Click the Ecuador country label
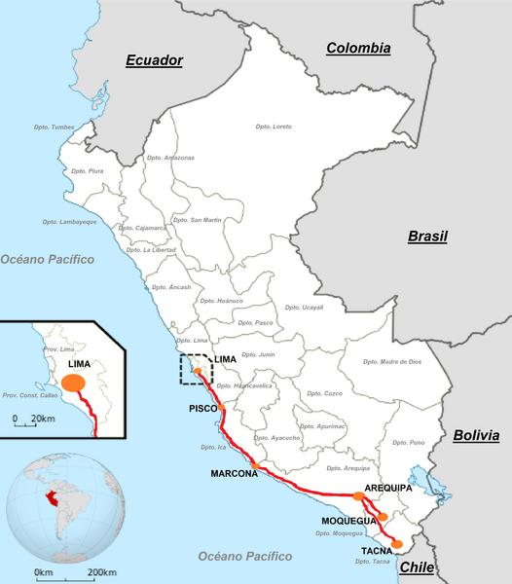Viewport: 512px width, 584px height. (154, 60)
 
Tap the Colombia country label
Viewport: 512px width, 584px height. (358, 48)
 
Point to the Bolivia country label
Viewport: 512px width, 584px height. (482, 435)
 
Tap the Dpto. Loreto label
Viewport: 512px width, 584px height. (274, 128)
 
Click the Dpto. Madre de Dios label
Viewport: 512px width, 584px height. (392, 361)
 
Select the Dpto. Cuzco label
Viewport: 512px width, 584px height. (324, 393)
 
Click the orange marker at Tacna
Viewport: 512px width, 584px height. (396, 544)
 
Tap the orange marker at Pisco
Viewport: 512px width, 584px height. (221, 408)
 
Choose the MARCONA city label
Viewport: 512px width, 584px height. (234, 474)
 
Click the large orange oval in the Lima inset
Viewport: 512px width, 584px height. (73, 383)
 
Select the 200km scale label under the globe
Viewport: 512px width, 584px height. (102, 571)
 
